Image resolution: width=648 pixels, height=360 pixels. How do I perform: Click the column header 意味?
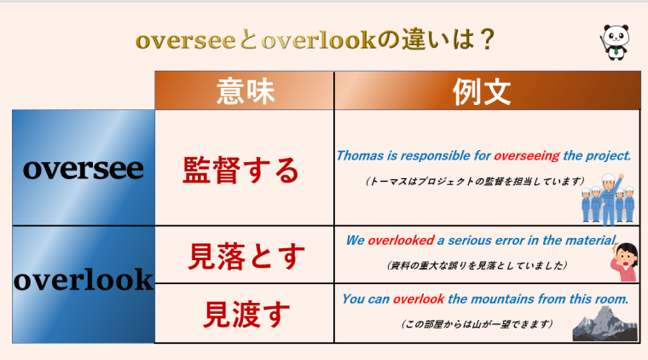coord(246,90)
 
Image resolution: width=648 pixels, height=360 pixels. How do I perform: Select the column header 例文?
coord(485,90)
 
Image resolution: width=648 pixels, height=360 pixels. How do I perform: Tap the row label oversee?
coord(84,168)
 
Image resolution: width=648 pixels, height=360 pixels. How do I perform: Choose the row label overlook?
coord(84,280)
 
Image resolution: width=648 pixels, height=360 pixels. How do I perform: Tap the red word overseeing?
coord(527,156)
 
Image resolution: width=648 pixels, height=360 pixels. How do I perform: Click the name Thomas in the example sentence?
coord(358,156)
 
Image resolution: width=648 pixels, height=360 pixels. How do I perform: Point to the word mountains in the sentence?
coord(497,299)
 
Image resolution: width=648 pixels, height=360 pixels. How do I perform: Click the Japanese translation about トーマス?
coord(473,181)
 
